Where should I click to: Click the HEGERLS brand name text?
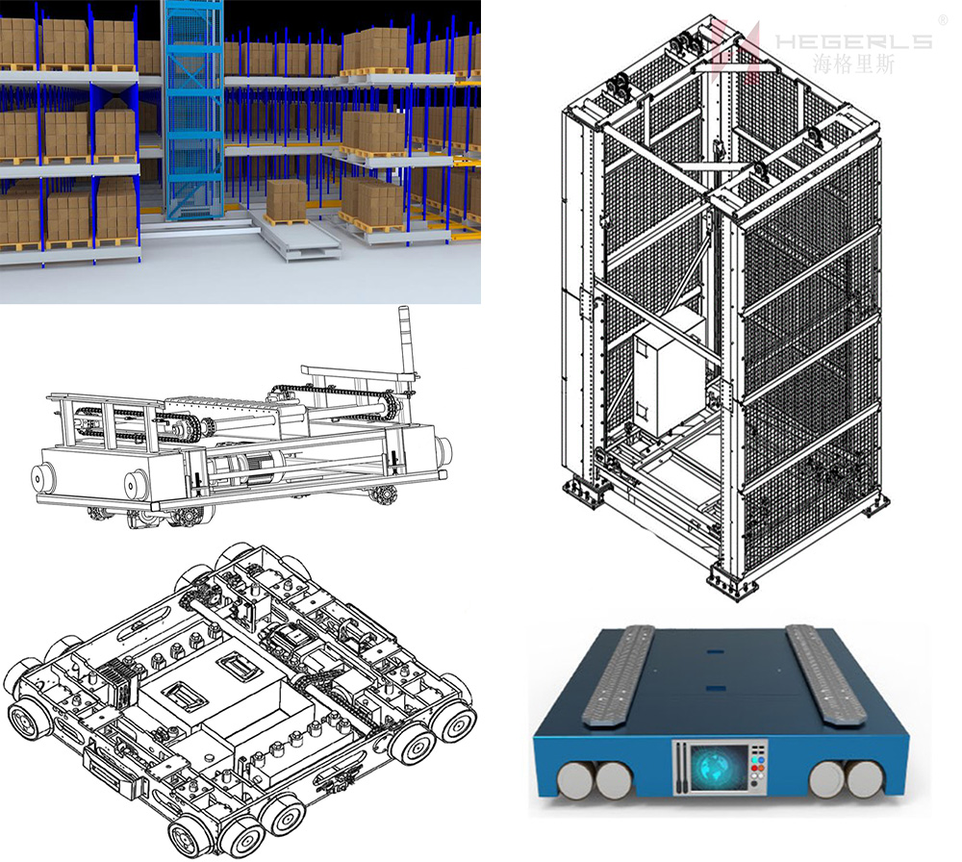tap(853, 41)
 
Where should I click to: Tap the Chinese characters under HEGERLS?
tap(853, 63)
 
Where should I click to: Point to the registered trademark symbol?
tap(943, 20)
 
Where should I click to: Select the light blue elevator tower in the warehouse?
tap(191, 111)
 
